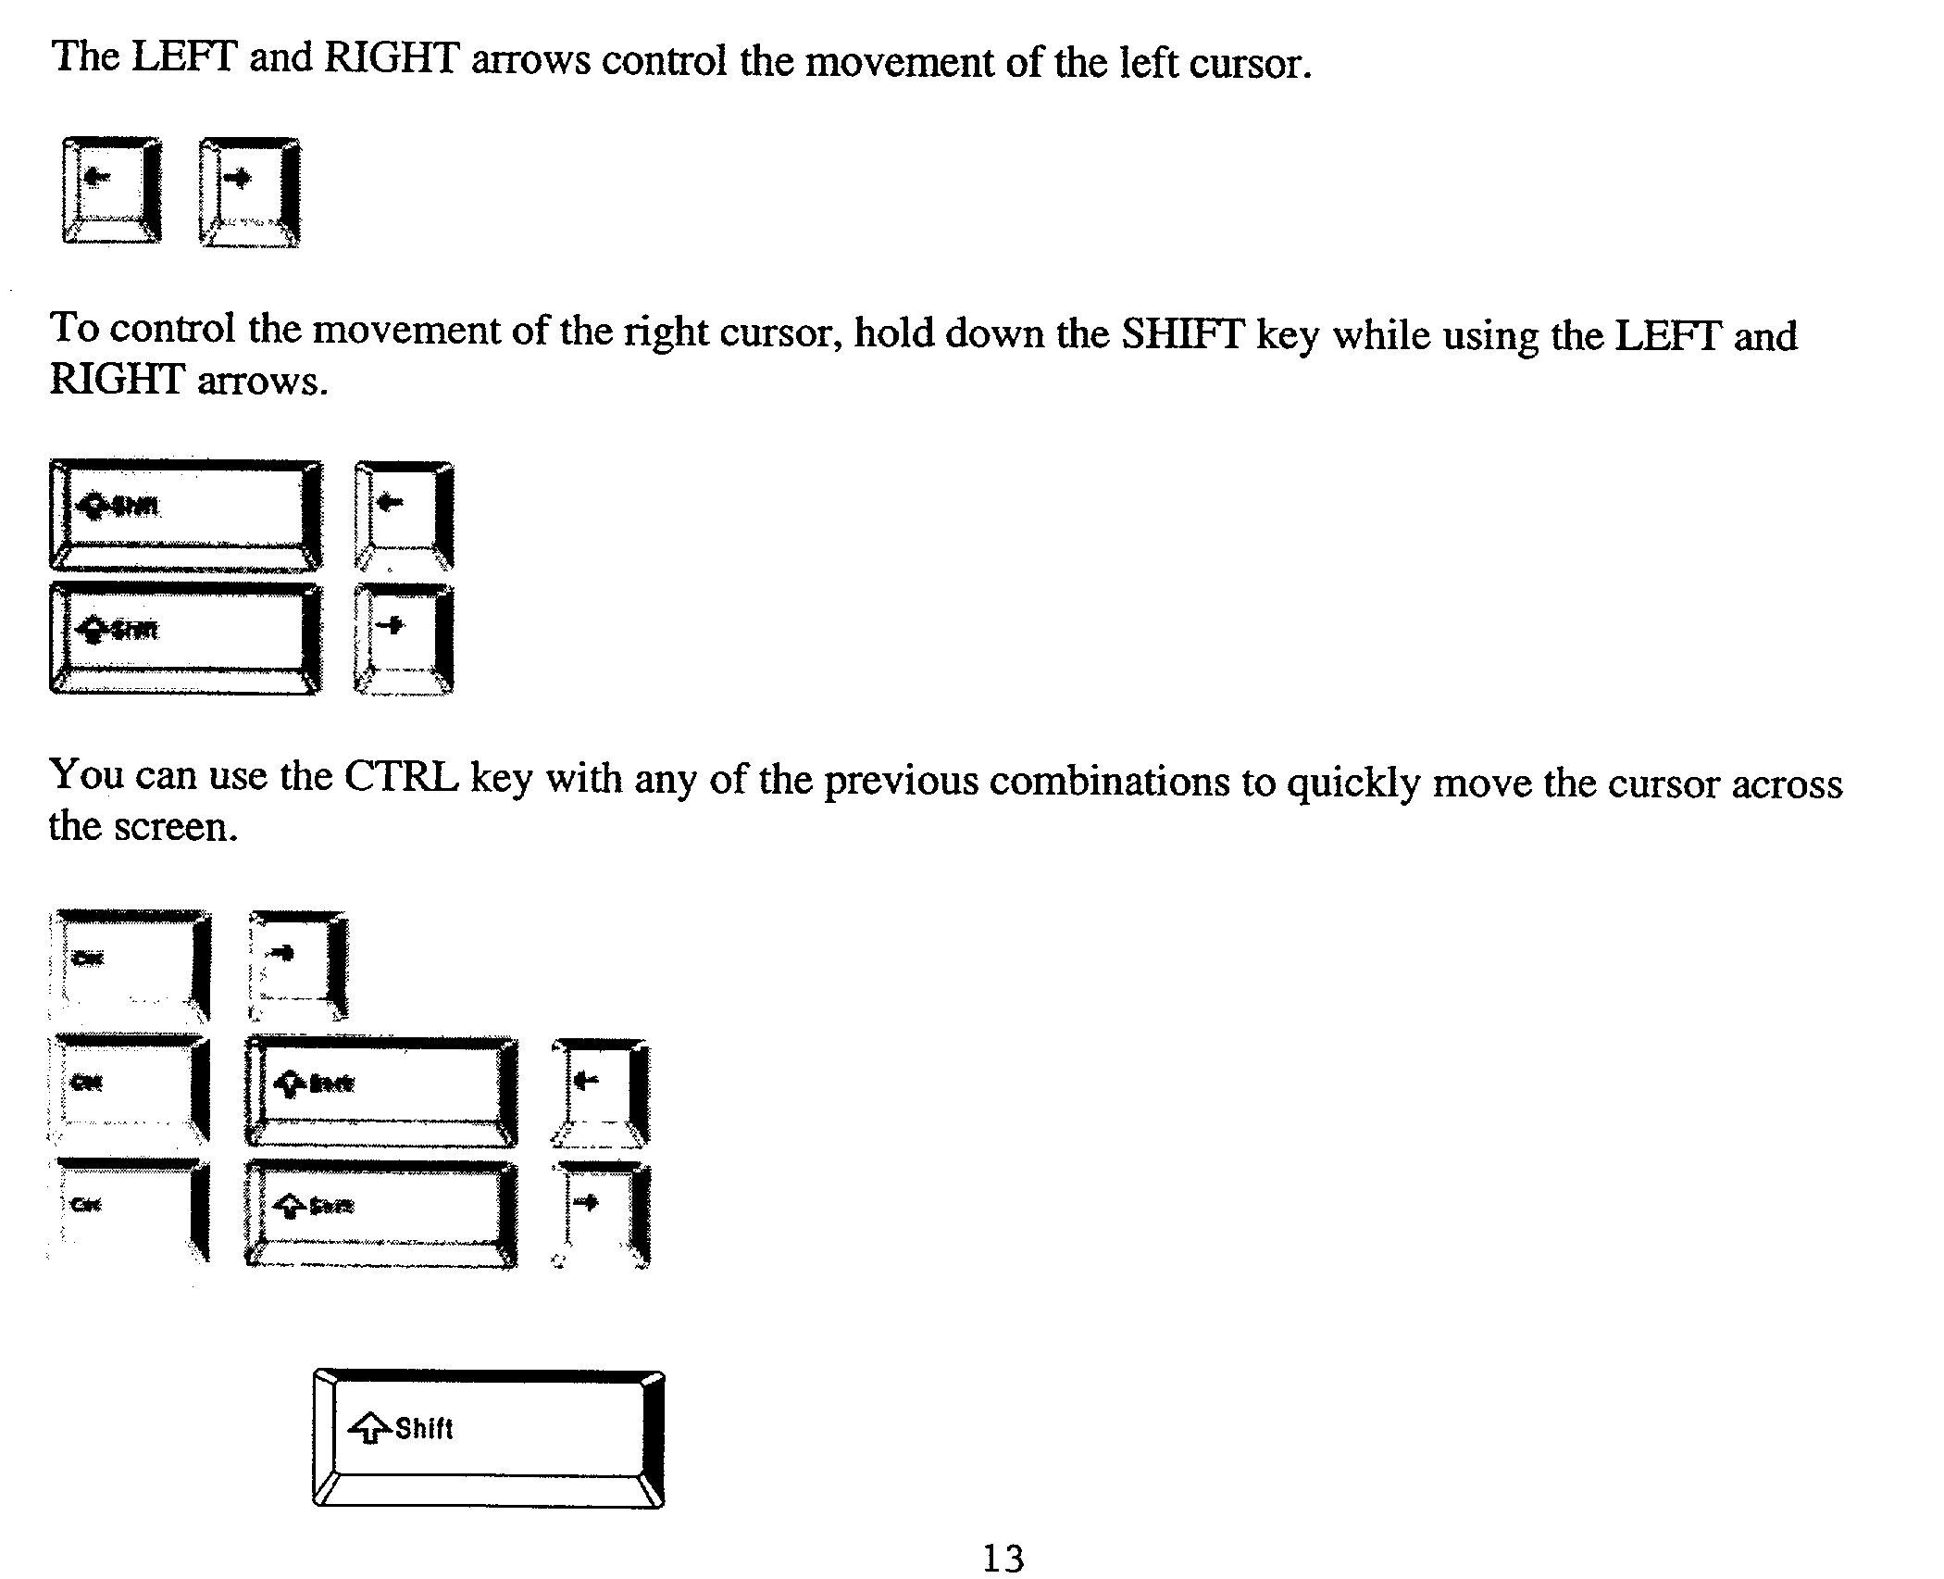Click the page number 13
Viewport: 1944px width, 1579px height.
(1003, 1558)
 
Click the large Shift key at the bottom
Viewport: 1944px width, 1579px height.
(488, 1438)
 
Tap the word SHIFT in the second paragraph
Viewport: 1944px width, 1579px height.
(1182, 335)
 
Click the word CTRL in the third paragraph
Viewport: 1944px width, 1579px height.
(401, 777)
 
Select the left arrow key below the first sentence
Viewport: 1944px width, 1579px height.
(111, 190)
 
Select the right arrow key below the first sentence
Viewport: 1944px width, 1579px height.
(248, 192)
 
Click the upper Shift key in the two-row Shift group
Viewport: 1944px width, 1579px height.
(186, 515)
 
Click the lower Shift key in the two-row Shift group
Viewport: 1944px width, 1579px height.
(186, 638)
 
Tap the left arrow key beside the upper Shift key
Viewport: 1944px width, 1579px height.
(404, 515)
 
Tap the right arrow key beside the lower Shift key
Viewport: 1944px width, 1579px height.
(404, 638)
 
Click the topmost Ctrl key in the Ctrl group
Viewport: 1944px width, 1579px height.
(131, 965)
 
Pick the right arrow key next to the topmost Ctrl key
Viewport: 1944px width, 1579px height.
(298, 965)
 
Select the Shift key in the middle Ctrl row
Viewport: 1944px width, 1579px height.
(380, 1091)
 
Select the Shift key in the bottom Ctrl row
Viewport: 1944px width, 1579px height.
(380, 1213)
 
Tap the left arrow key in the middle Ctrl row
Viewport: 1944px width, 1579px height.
(601, 1091)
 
